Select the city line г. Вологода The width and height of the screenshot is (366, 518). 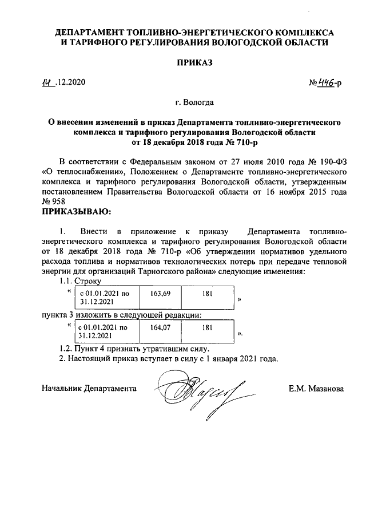194,103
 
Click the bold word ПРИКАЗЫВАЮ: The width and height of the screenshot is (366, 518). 75,213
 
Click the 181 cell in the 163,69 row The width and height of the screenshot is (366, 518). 208,294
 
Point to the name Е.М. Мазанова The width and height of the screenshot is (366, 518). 316,389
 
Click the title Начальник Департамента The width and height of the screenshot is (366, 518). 89,389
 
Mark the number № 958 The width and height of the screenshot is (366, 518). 54,202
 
